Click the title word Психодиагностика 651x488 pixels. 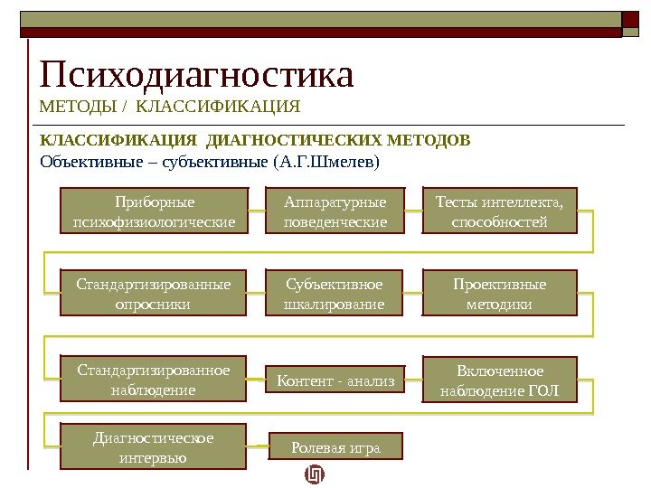click(196, 75)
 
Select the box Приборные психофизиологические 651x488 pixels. click(154, 211)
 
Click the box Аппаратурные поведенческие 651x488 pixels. click(335, 211)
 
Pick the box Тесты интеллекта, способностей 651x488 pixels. click(499, 211)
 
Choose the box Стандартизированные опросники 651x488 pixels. click(154, 295)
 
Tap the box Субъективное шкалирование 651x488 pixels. click(335, 295)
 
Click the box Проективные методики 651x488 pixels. click(499, 295)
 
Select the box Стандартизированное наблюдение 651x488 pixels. click(154, 380)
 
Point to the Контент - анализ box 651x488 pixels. click(335, 382)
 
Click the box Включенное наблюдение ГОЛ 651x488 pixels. click(499, 381)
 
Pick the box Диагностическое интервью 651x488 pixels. click(154, 447)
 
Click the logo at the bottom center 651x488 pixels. click(314, 474)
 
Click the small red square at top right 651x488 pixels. click(630, 18)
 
